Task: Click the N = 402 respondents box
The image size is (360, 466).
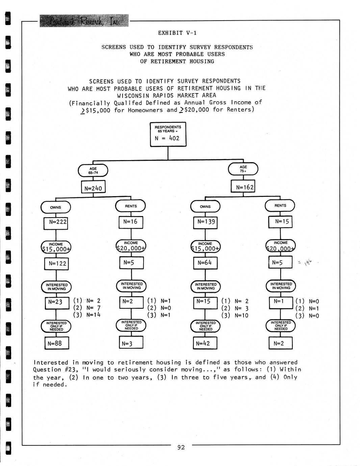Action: pyautogui.click(x=168, y=134)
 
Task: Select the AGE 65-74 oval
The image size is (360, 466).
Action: pyautogui.click(x=93, y=171)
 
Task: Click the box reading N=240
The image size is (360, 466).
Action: pyautogui.click(x=93, y=187)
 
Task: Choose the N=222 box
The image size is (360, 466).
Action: pyautogui.click(x=56, y=223)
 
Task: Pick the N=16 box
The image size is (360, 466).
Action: pyautogui.click(x=131, y=222)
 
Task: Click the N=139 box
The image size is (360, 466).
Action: pyautogui.click(x=205, y=223)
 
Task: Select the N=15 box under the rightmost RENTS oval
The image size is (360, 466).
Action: pyautogui.click(x=280, y=222)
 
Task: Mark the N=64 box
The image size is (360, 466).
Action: pyautogui.click(x=205, y=263)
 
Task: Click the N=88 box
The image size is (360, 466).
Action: pyautogui.click(x=56, y=343)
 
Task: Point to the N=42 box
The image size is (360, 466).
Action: pyautogui.click(x=205, y=343)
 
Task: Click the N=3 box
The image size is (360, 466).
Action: pyautogui.click(x=131, y=343)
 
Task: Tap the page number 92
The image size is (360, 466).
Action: pyautogui.click(x=181, y=447)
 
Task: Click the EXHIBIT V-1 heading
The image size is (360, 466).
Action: pyautogui.click(x=177, y=33)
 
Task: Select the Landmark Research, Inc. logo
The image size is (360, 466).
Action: pyautogui.click(x=84, y=21)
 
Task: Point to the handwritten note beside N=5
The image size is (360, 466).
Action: pyautogui.click(x=306, y=262)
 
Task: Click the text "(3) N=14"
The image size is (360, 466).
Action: pyautogui.click(x=87, y=315)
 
